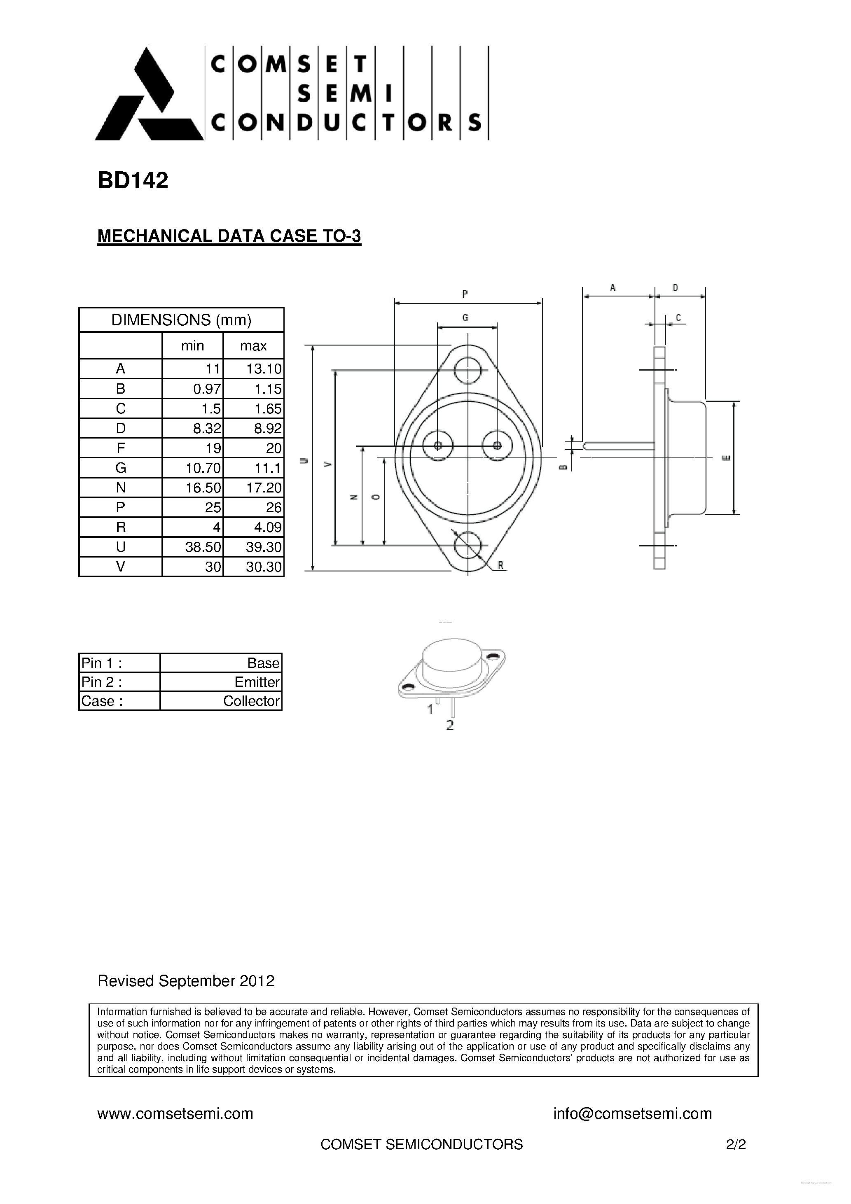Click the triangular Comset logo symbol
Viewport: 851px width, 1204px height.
point(148,97)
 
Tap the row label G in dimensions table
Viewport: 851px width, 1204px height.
point(121,468)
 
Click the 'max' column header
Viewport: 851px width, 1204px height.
point(253,345)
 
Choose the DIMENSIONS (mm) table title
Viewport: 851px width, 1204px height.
point(181,320)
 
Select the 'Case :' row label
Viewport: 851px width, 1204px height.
point(102,701)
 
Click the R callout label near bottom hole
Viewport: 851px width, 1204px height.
point(500,565)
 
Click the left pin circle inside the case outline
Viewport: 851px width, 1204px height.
point(438,446)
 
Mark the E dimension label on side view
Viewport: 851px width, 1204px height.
point(727,458)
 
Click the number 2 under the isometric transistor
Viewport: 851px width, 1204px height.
point(450,726)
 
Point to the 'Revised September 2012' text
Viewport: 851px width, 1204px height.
point(186,981)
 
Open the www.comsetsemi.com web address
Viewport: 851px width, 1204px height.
point(175,1113)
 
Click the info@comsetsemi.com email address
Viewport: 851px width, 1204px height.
point(632,1113)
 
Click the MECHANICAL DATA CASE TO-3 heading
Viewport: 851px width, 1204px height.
point(229,236)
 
